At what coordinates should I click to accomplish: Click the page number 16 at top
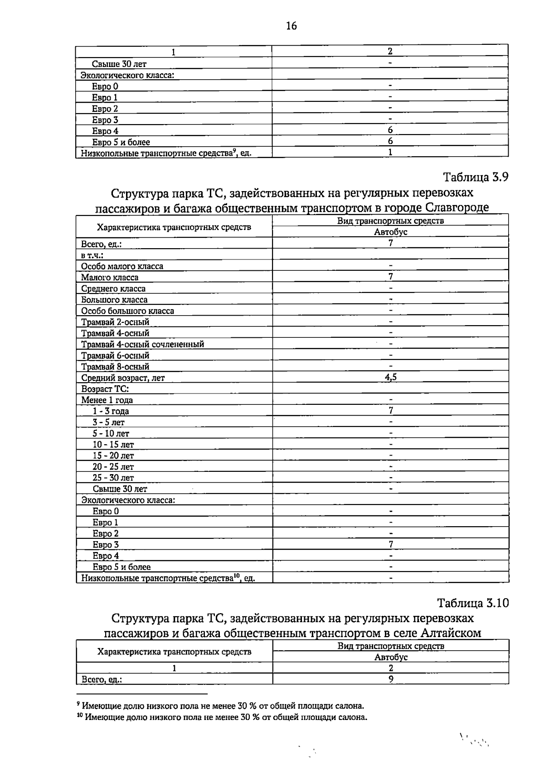(x=291, y=26)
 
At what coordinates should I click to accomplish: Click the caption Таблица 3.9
(x=476, y=177)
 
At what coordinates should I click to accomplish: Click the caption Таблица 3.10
(x=473, y=603)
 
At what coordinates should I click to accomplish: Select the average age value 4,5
(x=390, y=377)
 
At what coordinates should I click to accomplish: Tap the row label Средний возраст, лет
(x=123, y=378)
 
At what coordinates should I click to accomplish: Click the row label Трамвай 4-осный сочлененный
(x=142, y=344)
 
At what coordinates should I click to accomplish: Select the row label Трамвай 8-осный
(x=115, y=366)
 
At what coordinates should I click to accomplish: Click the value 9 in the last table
(x=391, y=679)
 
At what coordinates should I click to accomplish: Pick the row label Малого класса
(x=110, y=277)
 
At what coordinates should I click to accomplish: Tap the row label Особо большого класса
(x=127, y=311)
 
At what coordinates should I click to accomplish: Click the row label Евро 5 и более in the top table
(x=121, y=142)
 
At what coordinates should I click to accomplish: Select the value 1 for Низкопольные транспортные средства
(x=390, y=152)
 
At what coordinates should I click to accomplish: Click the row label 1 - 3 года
(x=111, y=411)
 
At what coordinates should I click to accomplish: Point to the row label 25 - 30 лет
(x=113, y=478)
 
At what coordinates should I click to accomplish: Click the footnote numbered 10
(x=222, y=717)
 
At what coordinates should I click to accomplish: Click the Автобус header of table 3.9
(x=390, y=232)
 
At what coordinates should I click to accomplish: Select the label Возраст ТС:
(x=105, y=389)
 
